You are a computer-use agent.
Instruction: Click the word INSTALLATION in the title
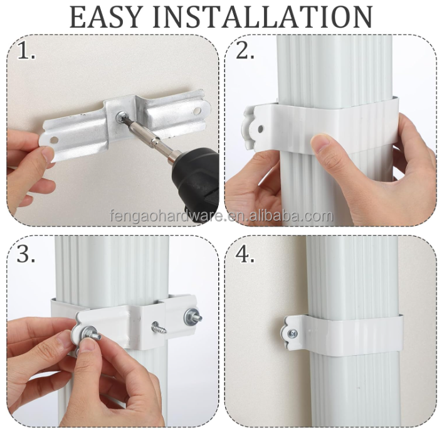(x=263, y=17)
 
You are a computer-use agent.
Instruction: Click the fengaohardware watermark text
(x=221, y=216)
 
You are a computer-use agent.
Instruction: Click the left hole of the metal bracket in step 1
(x=54, y=139)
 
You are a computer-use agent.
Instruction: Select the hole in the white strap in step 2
(x=260, y=129)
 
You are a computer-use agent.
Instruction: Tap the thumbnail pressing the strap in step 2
(x=320, y=141)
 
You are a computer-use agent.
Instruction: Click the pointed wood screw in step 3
(x=159, y=327)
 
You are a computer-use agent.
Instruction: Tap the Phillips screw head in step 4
(x=292, y=334)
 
